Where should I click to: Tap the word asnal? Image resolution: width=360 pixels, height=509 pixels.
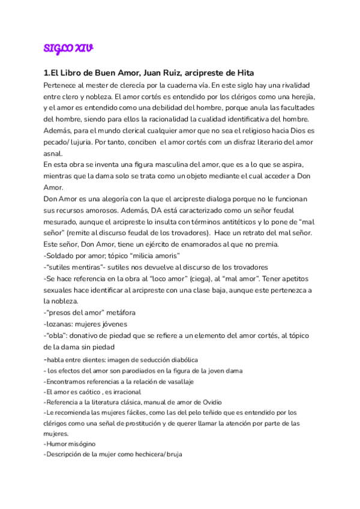click(x=54, y=152)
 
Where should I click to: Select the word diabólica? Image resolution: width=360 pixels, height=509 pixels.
click(x=180, y=360)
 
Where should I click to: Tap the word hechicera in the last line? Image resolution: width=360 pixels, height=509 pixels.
click(x=144, y=454)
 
